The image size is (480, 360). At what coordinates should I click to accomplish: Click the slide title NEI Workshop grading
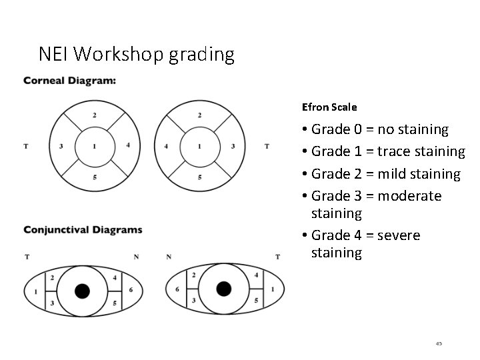point(136,54)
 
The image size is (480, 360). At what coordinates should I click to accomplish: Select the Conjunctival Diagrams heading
point(83,230)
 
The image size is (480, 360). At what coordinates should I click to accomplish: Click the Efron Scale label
point(329,107)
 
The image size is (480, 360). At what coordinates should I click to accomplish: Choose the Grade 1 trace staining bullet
point(387,151)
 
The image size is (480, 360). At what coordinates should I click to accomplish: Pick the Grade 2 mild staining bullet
point(385,173)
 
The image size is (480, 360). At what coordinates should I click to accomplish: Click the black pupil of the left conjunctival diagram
point(82,291)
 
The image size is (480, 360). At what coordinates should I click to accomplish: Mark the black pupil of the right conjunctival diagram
point(224,288)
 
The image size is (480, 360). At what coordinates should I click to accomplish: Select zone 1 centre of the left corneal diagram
point(95,145)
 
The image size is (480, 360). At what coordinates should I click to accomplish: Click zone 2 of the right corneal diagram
point(199,115)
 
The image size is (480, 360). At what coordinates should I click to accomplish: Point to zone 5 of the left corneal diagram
point(95,177)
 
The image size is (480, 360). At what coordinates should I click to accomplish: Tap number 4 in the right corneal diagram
point(166,146)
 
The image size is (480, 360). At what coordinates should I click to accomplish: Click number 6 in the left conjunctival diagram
point(131,289)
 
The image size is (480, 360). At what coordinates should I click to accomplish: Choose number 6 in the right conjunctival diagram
point(177,289)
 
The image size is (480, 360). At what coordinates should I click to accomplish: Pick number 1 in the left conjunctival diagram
point(35,291)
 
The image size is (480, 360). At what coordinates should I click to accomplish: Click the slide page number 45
point(438,343)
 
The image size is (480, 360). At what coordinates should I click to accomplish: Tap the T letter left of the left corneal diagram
point(25,146)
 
